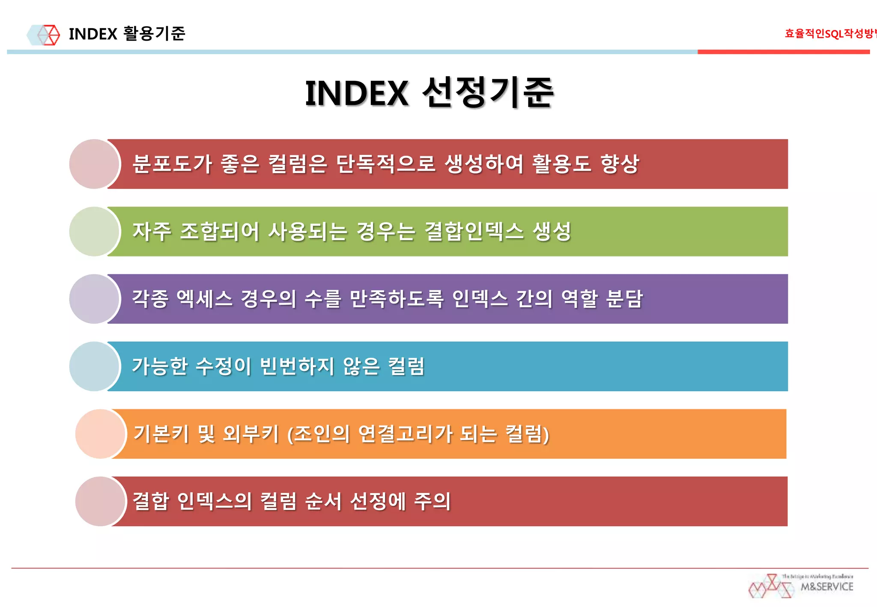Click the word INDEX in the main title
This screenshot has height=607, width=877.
point(357,93)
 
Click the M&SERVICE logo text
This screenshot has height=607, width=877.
point(826,586)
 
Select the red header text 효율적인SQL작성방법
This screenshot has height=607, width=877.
point(830,33)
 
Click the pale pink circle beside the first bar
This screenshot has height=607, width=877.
point(94,164)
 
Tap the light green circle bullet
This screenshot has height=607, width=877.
point(94,232)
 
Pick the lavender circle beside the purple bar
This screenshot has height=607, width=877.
point(94,299)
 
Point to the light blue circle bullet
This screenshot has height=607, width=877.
point(94,366)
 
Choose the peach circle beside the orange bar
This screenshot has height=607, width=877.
point(100,434)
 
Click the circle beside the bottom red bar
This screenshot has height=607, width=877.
point(100,501)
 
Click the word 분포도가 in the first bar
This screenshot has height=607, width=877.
point(172,164)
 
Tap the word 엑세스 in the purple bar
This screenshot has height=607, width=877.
point(204,299)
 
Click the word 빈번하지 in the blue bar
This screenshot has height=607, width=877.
point(297,366)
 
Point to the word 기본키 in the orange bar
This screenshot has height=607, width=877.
point(161,434)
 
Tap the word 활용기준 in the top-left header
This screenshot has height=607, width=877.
point(154,33)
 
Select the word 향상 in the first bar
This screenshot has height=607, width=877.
point(620,164)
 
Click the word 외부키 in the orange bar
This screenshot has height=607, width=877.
point(251,434)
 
